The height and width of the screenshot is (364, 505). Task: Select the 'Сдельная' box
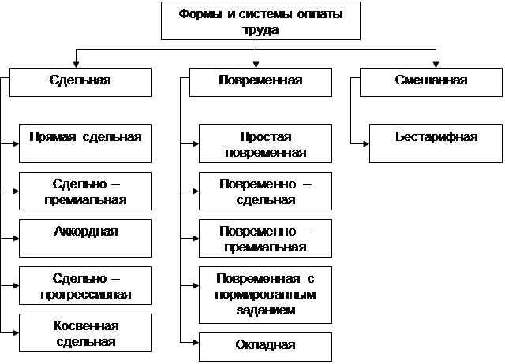(x=80, y=80)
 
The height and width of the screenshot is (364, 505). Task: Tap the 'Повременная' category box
(x=259, y=80)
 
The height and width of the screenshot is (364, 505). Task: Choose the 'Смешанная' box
(x=431, y=80)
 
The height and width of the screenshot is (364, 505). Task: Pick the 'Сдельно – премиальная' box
(x=84, y=191)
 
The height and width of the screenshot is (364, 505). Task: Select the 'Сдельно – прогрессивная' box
(x=84, y=287)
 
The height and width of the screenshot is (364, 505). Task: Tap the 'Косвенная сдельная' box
(x=84, y=332)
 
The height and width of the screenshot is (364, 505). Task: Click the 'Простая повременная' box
(x=265, y=143)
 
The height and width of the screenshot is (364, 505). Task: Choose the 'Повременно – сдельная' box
(x=265, y=191)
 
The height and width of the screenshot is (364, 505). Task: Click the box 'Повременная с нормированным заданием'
(x=265, y=295)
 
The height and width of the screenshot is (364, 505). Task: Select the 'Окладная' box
(x=265, y=345)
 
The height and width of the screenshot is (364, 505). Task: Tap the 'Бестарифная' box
(x=436, y=143)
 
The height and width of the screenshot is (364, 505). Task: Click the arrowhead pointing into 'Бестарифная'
(x=365, y=144)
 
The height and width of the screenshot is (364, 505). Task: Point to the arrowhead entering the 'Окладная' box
(x=194, y=342)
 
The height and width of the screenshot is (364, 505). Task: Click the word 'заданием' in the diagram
(x=265, y=310)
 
